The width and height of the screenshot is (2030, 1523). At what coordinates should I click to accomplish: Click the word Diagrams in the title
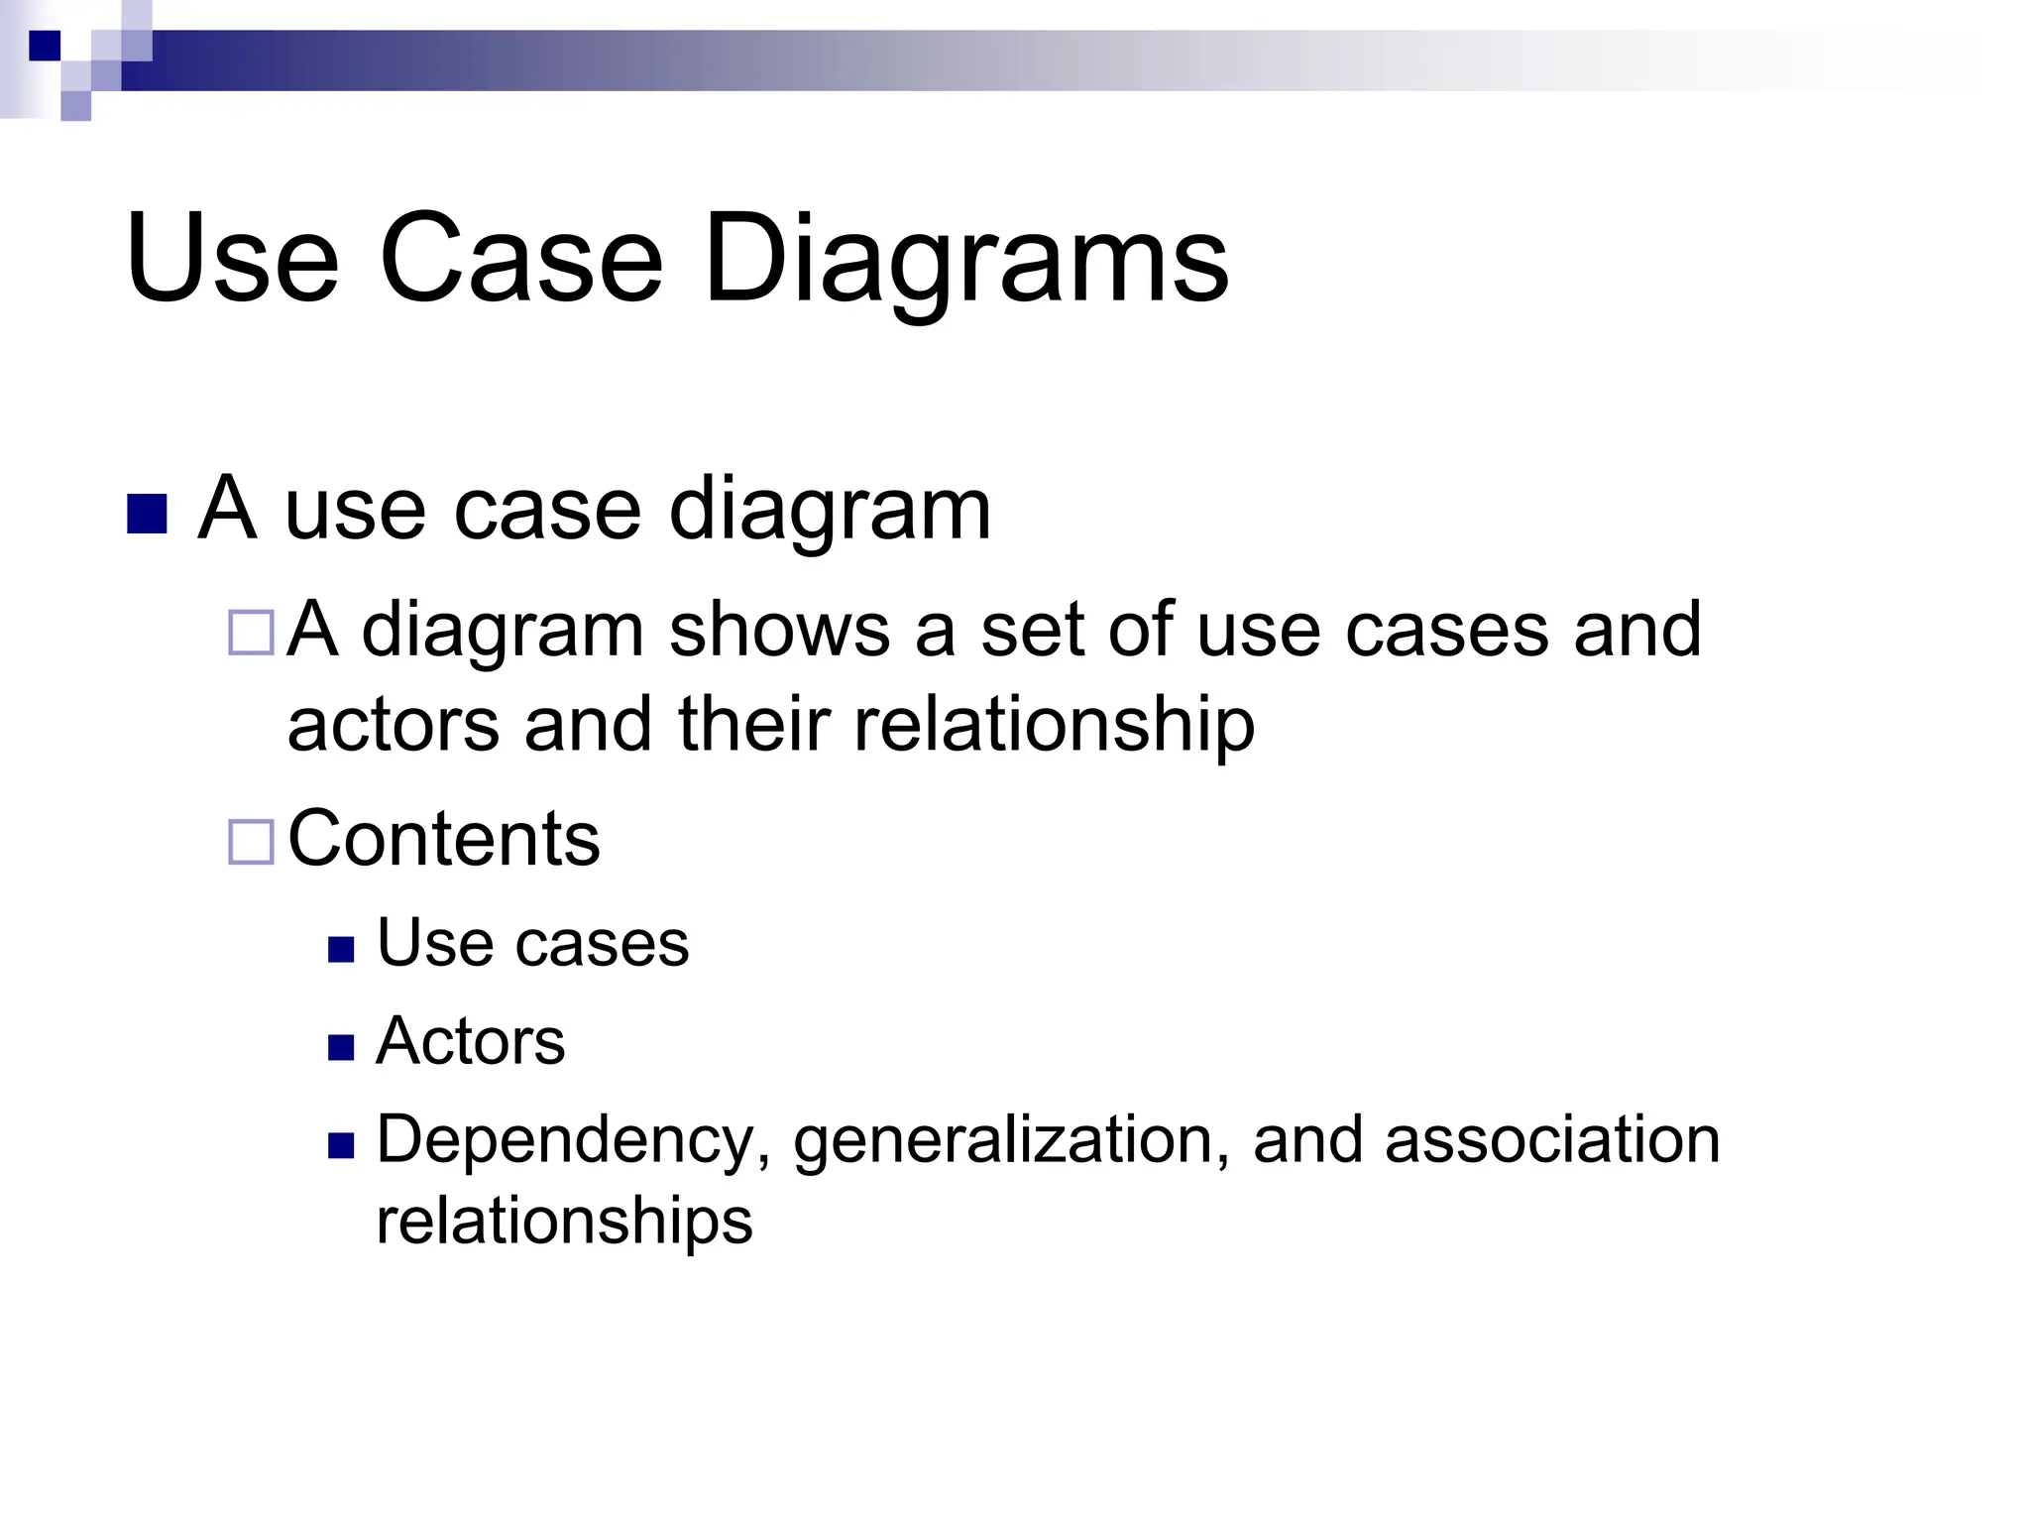tap(965, 260)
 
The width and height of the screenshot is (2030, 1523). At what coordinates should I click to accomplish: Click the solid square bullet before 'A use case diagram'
tap(147, 514)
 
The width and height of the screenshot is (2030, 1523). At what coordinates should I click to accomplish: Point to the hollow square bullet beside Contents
tap(251, 842)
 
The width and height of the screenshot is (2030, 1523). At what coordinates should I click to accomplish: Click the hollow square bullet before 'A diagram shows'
tap(251, 633)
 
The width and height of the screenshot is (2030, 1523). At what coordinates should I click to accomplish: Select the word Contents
tap(443, 839)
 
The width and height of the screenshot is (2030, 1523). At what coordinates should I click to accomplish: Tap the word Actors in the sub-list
tap(471, 1041)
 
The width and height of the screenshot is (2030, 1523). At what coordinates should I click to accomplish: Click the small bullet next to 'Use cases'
tap(341, 949)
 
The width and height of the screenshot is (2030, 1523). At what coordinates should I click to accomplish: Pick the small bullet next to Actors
tap(341, 1048)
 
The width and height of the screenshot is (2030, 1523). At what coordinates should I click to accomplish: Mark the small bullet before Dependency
tap(341, 1146)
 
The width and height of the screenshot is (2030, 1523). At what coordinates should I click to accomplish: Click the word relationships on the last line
tap(564, 1222)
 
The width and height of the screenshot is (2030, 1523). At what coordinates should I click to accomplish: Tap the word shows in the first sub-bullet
tap(779, 631)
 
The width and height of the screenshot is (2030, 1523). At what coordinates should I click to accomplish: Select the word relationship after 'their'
tap(1054, 726)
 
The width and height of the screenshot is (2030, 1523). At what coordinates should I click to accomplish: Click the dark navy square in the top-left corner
tap(45, 46)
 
